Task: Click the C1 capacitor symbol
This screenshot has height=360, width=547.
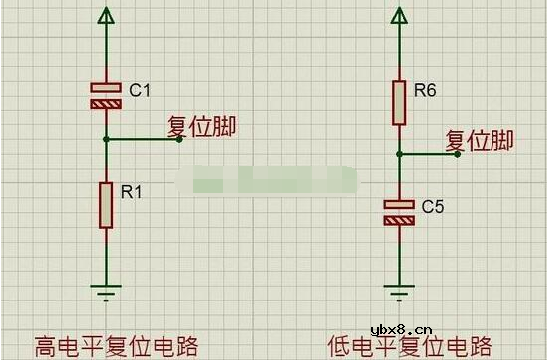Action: (106, 94)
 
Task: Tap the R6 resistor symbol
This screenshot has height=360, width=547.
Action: (398, 103)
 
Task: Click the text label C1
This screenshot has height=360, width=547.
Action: (139, 90)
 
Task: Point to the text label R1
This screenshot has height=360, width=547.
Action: (132, 192)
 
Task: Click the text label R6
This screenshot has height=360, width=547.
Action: (425, 91)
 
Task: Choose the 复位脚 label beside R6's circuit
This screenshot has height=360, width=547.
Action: (480, 141)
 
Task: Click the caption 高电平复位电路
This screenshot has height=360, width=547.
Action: (117, 345)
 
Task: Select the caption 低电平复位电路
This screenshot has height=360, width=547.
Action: (409, 345)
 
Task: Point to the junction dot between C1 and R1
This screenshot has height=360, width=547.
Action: (106, 139)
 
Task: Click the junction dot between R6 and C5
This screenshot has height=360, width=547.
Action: (398, 154)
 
